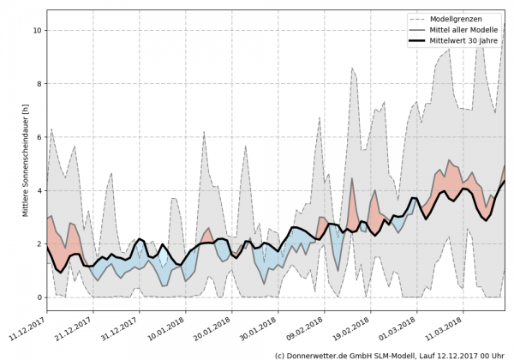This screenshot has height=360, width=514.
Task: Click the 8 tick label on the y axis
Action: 39,83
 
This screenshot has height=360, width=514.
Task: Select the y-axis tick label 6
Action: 39,137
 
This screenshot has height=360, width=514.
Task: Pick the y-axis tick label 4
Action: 39,190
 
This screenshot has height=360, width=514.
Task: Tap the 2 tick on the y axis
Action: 39,243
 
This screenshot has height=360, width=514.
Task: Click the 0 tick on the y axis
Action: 39,297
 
